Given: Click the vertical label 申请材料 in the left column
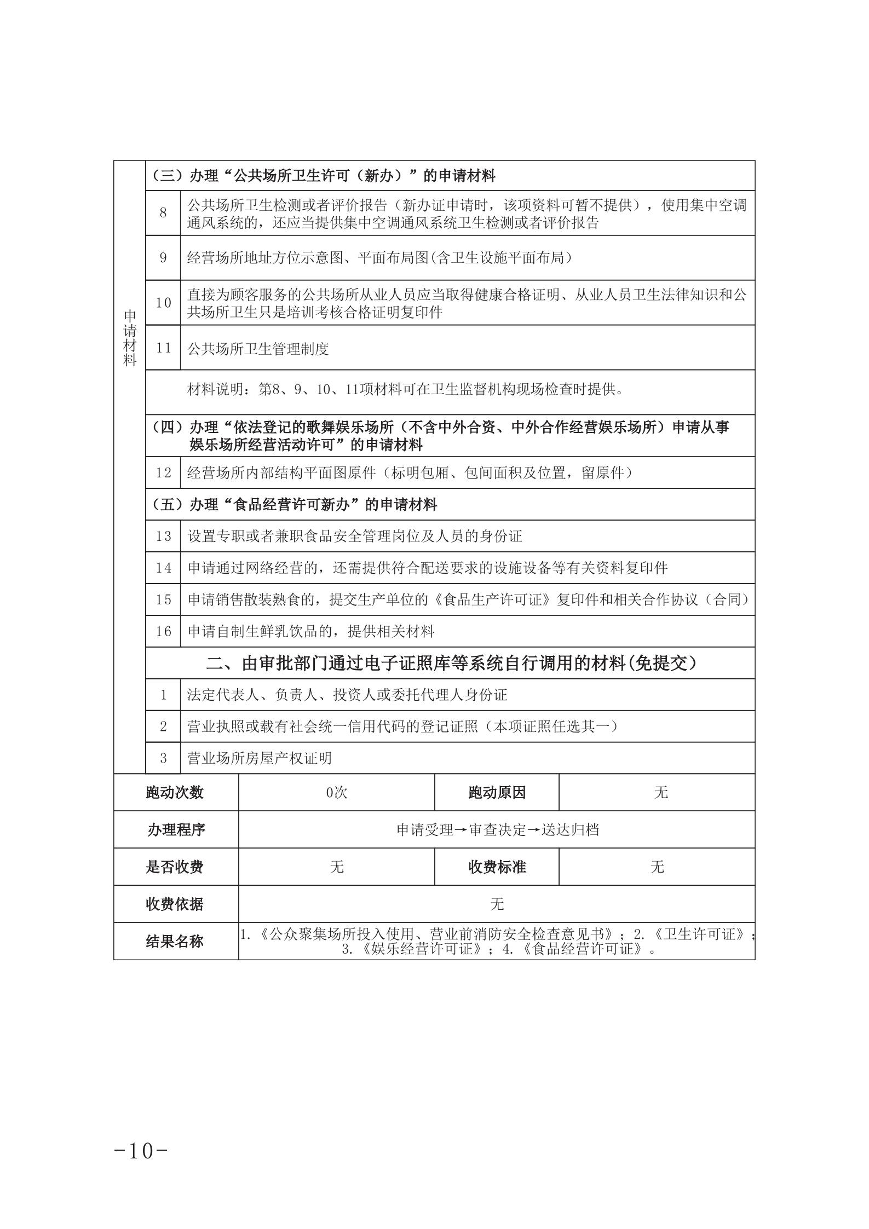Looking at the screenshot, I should (130, 338).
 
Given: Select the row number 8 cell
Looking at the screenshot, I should (163, 213).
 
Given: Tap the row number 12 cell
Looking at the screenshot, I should (163, 472).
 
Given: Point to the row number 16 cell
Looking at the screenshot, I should (163, 631).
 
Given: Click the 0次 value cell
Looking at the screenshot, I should (336, 792).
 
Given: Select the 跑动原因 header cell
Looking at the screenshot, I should (497, 792).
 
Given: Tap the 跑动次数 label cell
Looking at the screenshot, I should (175, 792).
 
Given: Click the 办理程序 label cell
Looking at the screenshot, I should (175, 829).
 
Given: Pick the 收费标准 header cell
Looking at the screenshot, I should (497, 867).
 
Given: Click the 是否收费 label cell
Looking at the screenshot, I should (175, 867).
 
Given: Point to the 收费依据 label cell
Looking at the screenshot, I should (175, 904).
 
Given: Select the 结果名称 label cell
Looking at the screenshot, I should (175, 941).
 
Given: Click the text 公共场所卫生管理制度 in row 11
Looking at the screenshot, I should (258, 348).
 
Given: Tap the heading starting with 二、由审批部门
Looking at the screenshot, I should (451, 663).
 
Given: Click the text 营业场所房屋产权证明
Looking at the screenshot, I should (260, 758).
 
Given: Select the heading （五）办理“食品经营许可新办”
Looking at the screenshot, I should (293, 504).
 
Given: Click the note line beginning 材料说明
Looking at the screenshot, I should (406, 390).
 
